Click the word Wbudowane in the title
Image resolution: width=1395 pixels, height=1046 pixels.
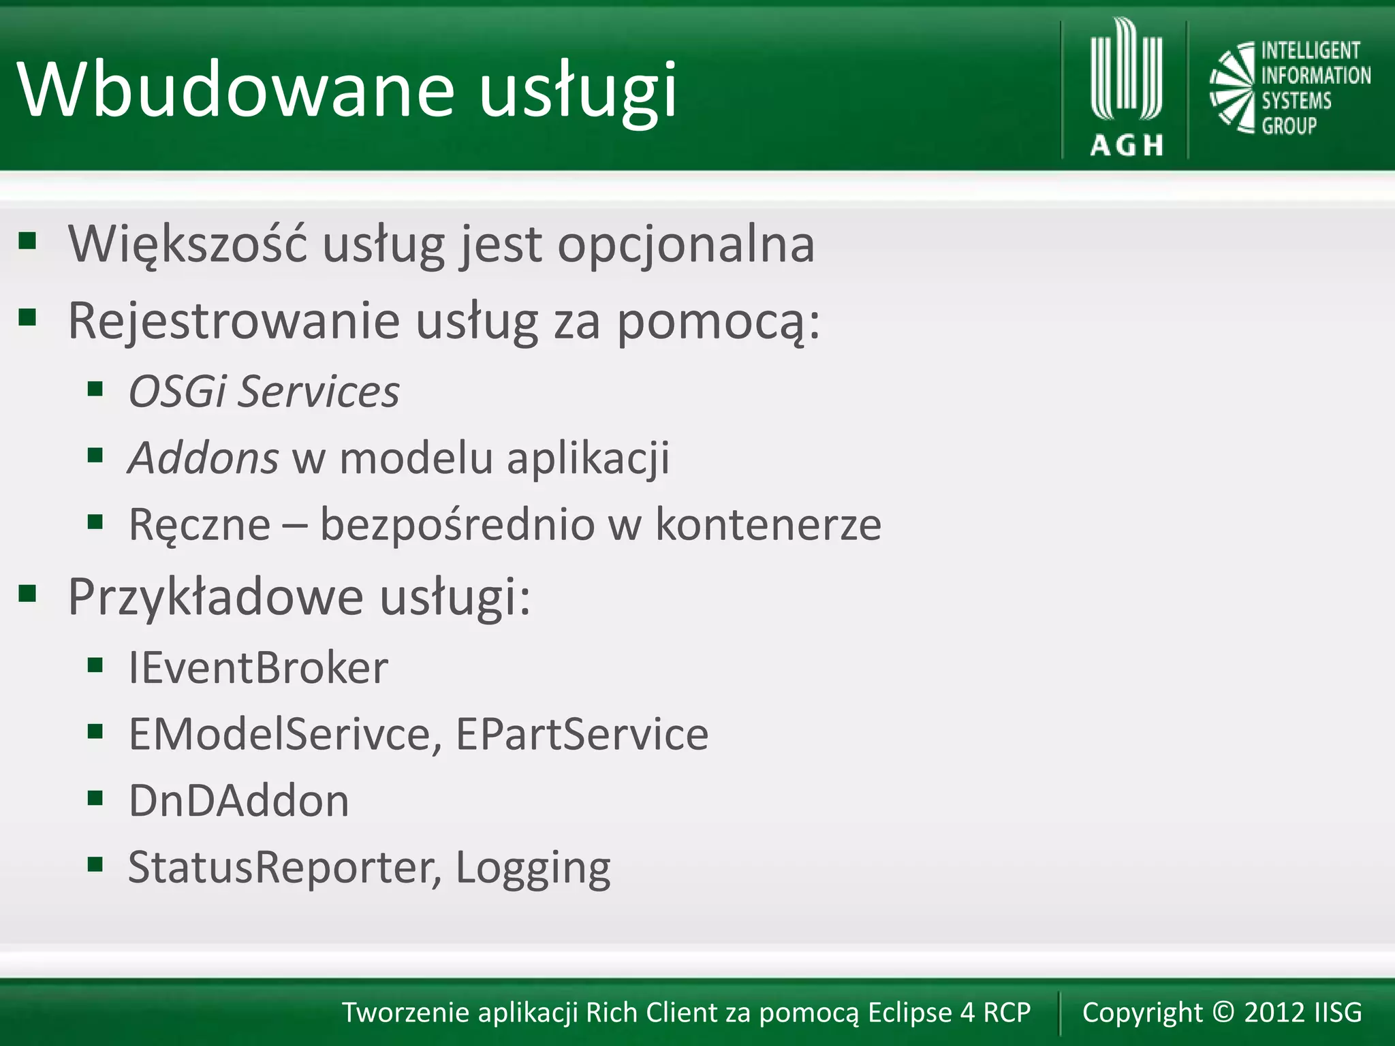click(236, 90)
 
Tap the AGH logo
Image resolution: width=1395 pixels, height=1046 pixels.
click(1126, 89)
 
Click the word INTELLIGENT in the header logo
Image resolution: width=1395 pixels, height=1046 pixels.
click(1310, 51)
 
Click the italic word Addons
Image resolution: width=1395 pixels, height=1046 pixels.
click(204, 458)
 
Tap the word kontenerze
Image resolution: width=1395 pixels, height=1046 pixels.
click(768, 524)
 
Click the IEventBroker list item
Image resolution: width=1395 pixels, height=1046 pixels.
click(258, 667)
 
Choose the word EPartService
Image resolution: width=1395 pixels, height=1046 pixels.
click(582, 734)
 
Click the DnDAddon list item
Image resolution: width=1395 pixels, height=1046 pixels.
click(238, 800)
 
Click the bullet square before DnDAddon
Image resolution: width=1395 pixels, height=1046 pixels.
click(95, 797)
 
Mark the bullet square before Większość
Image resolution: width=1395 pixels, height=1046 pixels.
click(27, 240)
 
